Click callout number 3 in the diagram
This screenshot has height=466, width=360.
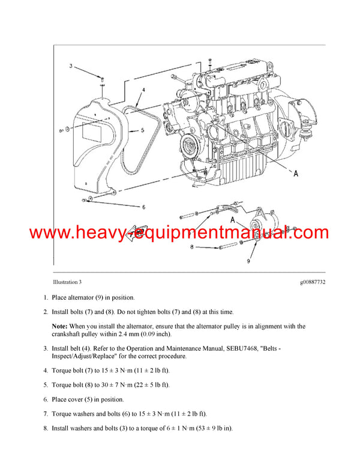[x=70, y=65]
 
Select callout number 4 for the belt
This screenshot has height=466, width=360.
[x=143, y=89]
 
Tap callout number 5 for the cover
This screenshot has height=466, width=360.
[x=142, y=130]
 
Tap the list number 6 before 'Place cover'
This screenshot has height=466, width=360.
[x=45, y=399]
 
